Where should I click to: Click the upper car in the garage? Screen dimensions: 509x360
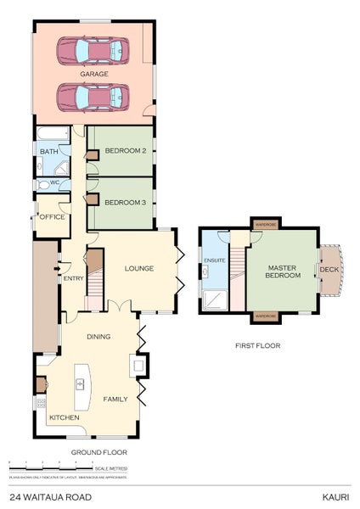[93, 51]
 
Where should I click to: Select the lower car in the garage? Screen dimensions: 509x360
[93, 97]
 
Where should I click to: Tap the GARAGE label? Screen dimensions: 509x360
[94, 74]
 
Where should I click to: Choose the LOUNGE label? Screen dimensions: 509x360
[138, 269]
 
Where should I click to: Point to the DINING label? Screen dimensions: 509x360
[98, 337]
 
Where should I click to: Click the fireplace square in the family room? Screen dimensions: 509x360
[136, 366]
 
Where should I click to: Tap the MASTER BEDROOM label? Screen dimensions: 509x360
[281, 271]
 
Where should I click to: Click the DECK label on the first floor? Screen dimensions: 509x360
[328, 270]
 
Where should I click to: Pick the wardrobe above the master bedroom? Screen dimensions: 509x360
[266, 225]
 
